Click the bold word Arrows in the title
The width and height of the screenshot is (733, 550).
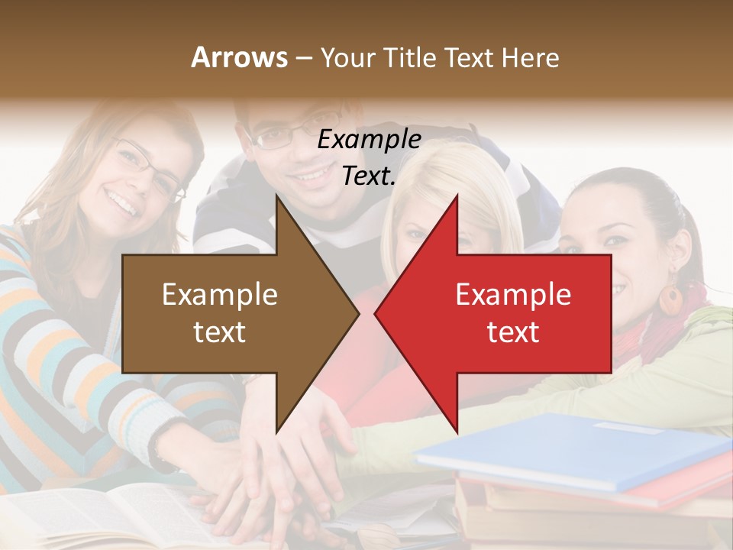(x=239, y=57)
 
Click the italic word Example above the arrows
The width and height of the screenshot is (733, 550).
(x=369, y=140)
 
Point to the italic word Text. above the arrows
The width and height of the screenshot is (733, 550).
(x=369, y=176)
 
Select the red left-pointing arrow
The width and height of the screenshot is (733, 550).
(x=504, y=313)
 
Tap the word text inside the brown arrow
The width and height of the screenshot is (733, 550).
(x=219, y=332)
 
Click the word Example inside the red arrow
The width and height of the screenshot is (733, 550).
(x=513, y=295)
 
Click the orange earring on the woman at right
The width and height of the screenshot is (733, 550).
(x=671, y=299)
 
